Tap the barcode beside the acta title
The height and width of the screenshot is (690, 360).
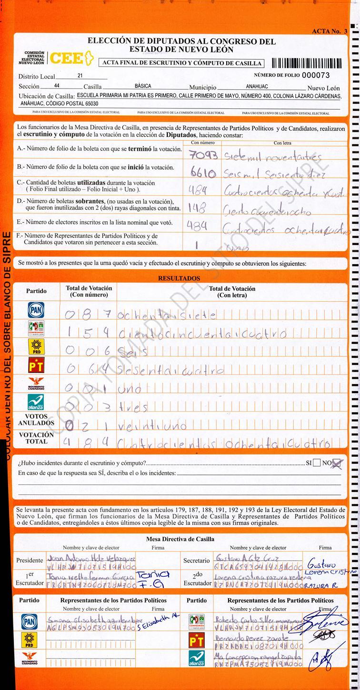pyautogui.click(x=306, y=63)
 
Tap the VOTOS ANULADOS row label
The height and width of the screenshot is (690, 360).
pyautogui.click(x=36, y=419)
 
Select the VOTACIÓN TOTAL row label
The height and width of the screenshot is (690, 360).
pyautogui.click(x=36, y=438)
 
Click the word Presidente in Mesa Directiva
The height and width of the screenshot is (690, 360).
pyautogui.click(x=30, y=560)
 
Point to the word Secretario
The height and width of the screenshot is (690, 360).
pyautogui.click(x=196, y=561)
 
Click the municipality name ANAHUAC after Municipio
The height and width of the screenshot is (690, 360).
pyautogui.click(x=257, y=87)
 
